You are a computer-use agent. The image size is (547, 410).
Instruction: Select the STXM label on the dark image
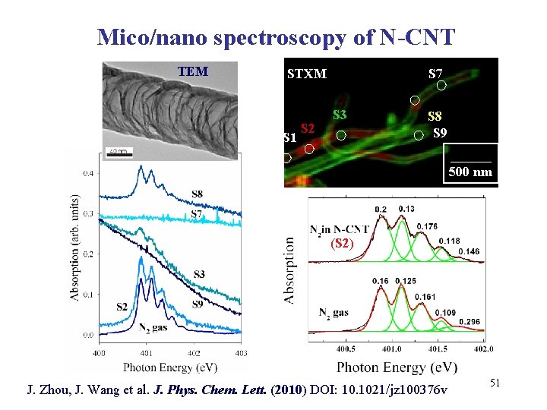tap(307, 74)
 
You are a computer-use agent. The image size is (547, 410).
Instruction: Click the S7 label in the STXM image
tap(436, 74)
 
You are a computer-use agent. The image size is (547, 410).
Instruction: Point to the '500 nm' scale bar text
tap(470, 172)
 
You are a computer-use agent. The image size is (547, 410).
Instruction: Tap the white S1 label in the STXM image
tap(289, 138)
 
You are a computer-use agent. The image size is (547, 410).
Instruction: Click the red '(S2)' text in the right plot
tap(343, 244)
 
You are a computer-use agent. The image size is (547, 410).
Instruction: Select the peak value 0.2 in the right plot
tap(381, 210)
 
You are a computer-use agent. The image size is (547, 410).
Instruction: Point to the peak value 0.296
tap(471, 321)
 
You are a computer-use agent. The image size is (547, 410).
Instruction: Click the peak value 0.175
tap(427, 225)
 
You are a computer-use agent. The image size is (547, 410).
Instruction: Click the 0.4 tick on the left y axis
tap(89, 174)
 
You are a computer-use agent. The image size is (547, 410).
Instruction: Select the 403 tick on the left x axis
tap(241, 352)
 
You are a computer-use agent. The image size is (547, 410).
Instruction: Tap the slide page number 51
tap(494, 385)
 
